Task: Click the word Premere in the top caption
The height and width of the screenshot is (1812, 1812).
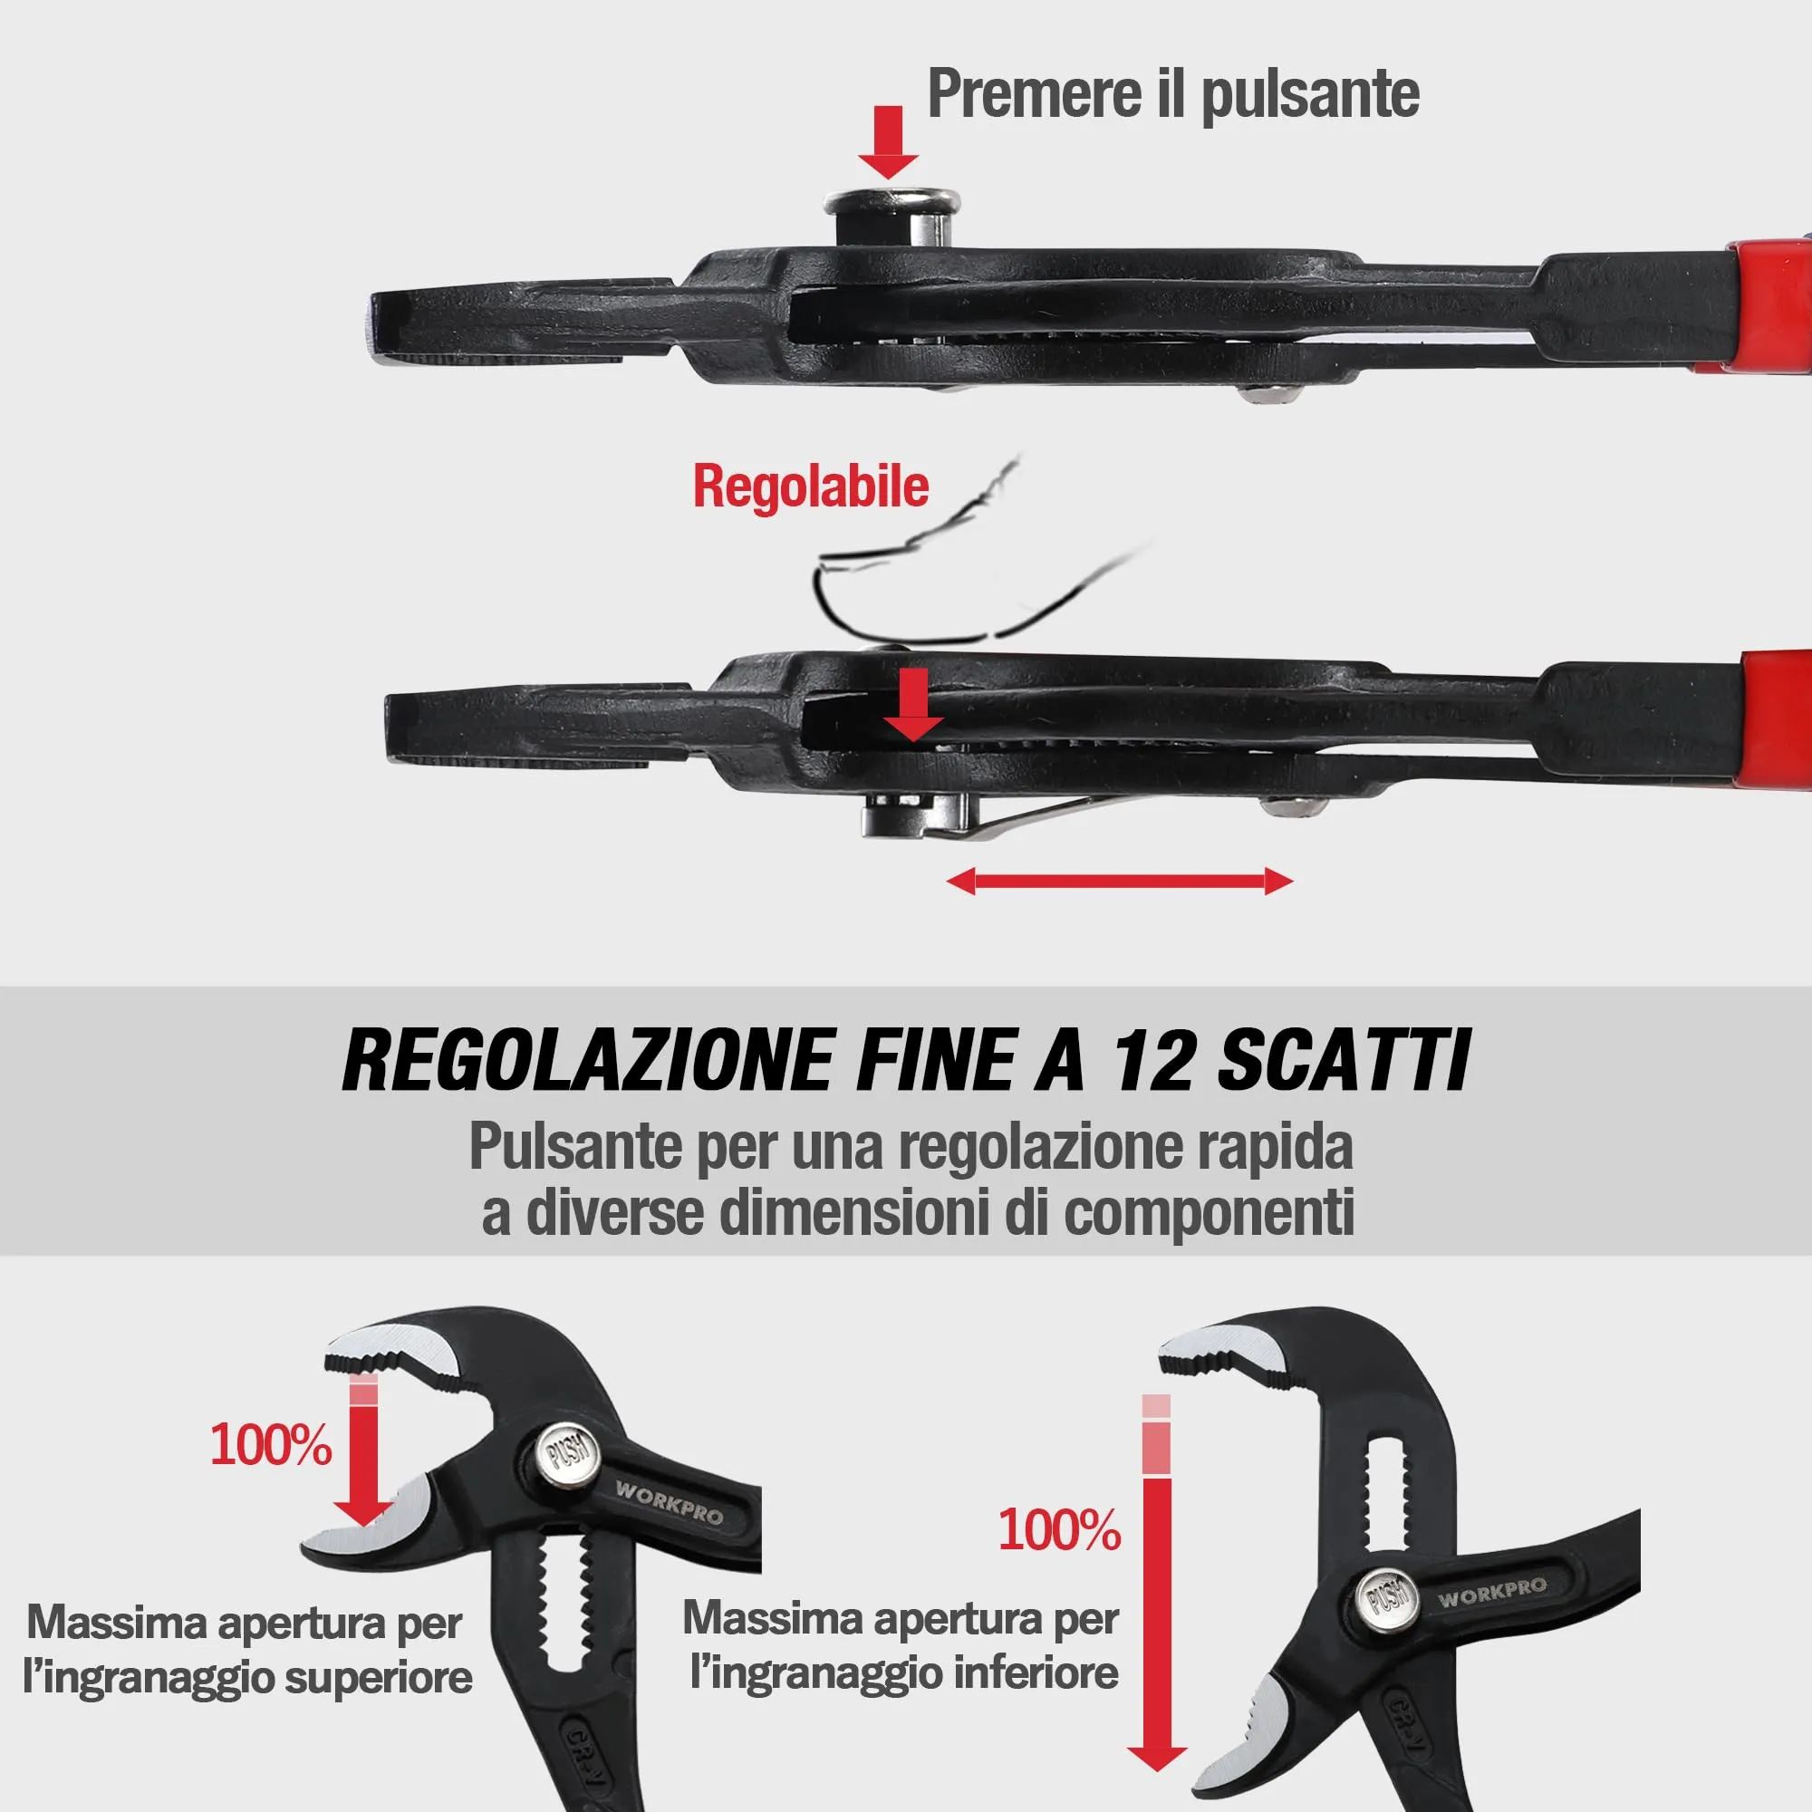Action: pyautogui.click(x=1028, y=94)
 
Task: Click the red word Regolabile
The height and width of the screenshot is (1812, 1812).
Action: pyautogui.click(x=810, y=487)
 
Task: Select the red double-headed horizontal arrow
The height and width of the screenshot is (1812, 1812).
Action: pyautogui.click(x=1120, y=881)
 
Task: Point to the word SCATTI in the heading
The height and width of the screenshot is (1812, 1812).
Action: pyautogui.click(x=1343, y=1061)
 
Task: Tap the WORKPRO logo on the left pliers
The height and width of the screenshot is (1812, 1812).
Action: pyautogui.click(x=669, y=1502)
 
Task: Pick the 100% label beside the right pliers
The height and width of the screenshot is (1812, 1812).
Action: pyautogui.click(x=1059, y=1530)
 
